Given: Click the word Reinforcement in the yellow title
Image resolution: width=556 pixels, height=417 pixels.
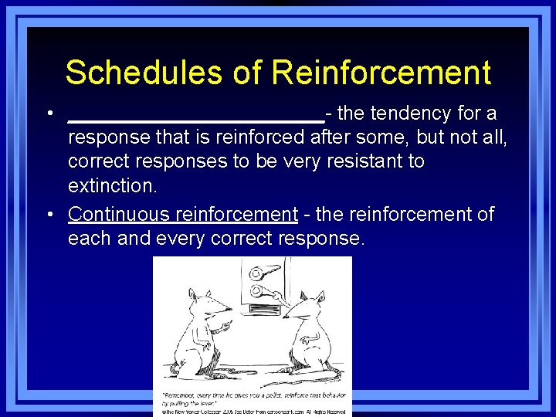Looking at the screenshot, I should coord(382,73).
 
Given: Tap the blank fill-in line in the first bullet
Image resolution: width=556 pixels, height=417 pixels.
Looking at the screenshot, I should coord(196,119).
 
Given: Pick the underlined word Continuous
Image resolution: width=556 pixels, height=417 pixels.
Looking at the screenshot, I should coord(119,214).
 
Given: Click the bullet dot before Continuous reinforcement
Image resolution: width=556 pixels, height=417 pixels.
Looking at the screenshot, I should coord(49,215).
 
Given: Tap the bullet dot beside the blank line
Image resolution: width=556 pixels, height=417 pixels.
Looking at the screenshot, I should coord(49,114).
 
